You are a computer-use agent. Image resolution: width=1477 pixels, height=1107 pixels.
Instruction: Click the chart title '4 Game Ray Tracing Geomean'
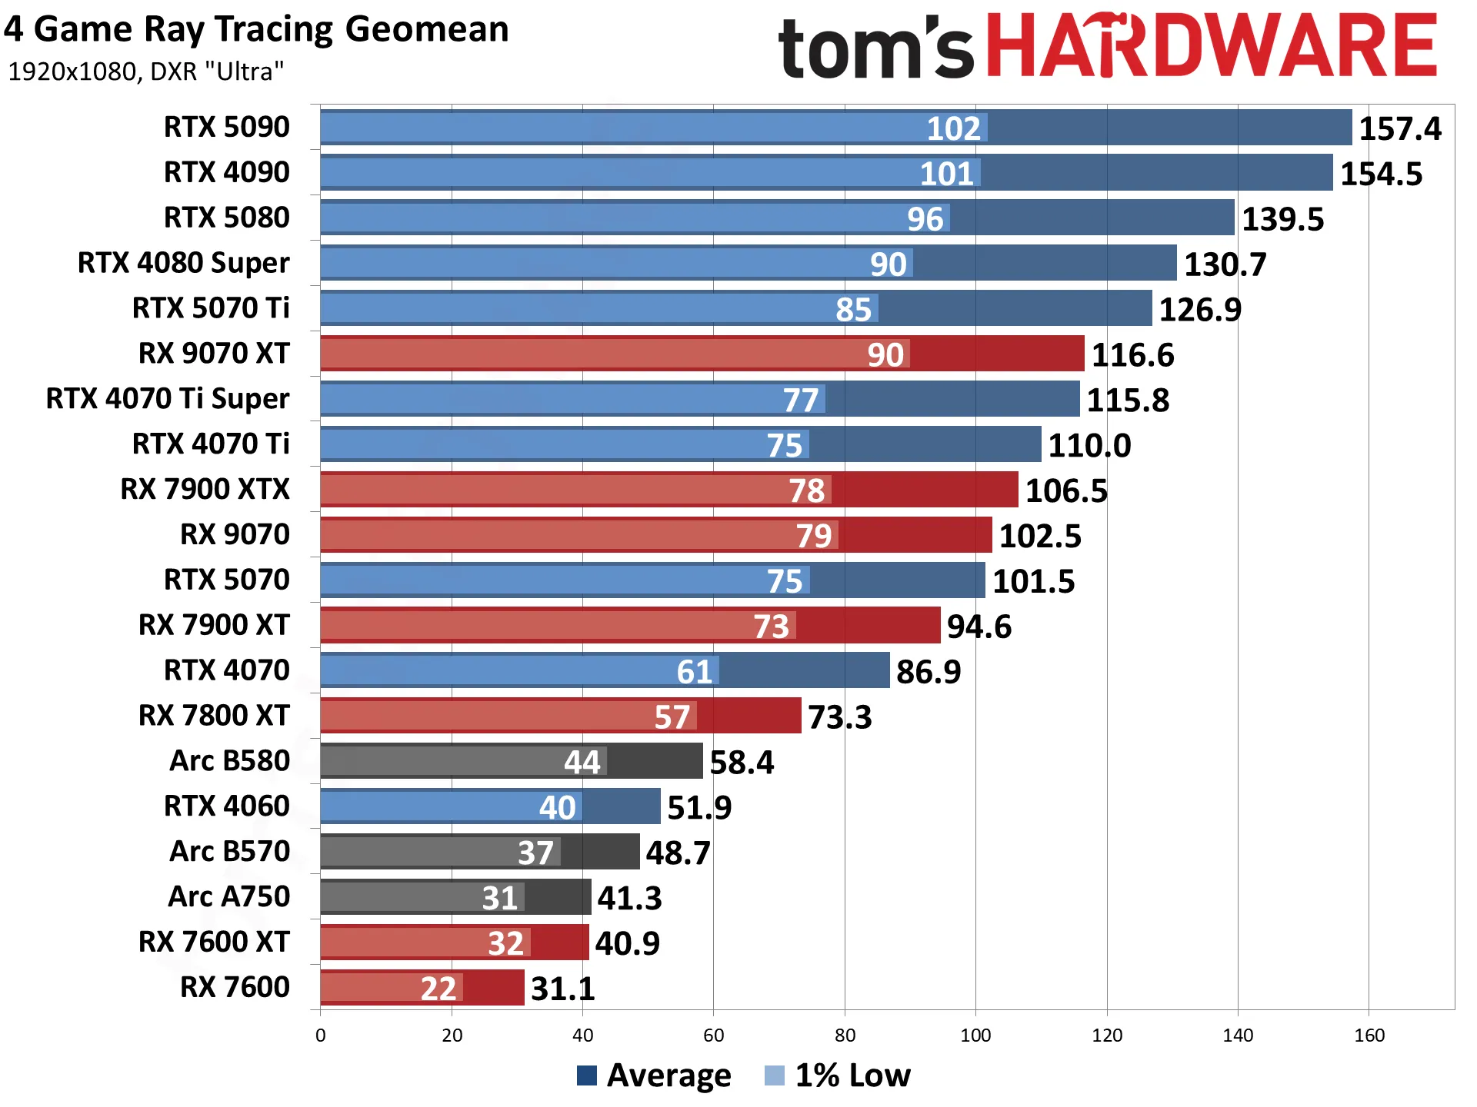(256, 30)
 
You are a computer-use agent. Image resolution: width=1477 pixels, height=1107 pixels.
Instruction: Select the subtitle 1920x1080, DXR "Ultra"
(146, 71)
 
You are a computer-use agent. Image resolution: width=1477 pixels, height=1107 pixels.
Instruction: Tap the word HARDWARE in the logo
(1211, 45)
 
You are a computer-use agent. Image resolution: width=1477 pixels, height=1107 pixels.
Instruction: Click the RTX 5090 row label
(227, 127)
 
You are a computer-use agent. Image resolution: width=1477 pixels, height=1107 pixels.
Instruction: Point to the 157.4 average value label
(1400, 128)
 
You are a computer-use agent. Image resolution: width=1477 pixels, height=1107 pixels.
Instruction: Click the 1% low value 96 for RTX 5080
(925, 219)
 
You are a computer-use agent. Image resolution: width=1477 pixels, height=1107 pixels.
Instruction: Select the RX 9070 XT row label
(214, 354)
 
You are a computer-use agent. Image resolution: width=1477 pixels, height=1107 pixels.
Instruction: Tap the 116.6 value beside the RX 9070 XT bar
(1132, 355)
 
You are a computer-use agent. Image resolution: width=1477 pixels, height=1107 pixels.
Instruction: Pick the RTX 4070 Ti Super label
(168, 399)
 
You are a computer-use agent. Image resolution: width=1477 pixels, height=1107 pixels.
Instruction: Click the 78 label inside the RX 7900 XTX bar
(806, 490)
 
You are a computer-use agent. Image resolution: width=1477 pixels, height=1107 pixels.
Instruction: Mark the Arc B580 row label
(230, 761)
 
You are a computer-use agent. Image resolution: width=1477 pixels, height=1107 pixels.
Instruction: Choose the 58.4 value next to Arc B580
(742, 763)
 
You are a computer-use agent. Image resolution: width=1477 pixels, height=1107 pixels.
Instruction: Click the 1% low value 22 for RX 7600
(438, 989)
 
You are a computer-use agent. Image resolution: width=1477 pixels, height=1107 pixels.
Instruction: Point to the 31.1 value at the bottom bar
(563, 989)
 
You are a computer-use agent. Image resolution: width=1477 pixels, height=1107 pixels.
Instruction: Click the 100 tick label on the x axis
(975, 1036)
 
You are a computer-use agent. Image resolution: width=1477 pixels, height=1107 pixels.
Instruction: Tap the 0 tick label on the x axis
(321, 1036)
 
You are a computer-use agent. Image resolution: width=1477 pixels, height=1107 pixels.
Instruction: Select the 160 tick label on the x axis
(1369, 1036)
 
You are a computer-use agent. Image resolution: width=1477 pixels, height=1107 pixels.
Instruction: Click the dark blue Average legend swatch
(587, 1075)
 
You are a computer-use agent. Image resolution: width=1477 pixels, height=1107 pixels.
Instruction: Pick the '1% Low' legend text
(852, 1075)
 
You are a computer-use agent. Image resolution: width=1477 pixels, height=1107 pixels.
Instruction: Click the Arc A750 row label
(229, 897)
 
